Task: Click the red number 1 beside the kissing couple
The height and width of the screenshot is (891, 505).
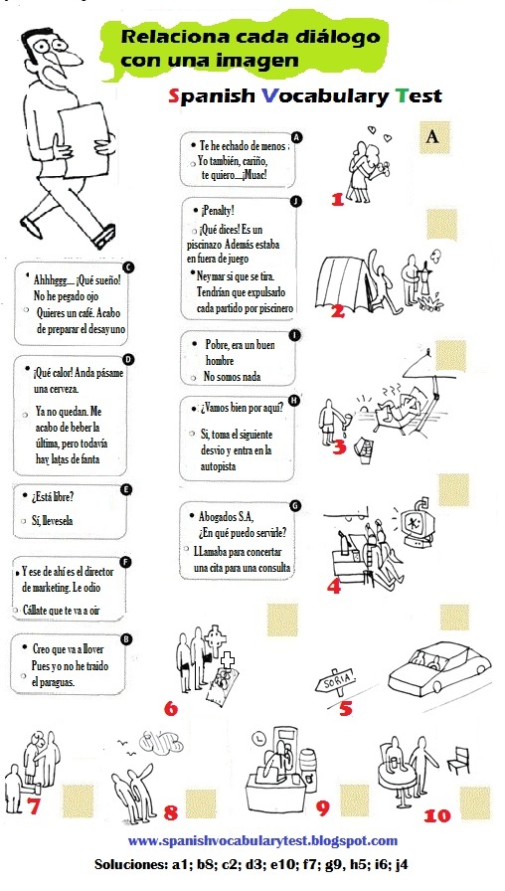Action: (337, 198)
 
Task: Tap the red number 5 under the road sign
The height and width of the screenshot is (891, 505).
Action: (345, 708)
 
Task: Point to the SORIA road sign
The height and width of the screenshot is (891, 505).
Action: (335, 683)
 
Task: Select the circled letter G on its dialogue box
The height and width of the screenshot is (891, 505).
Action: (294, 505)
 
